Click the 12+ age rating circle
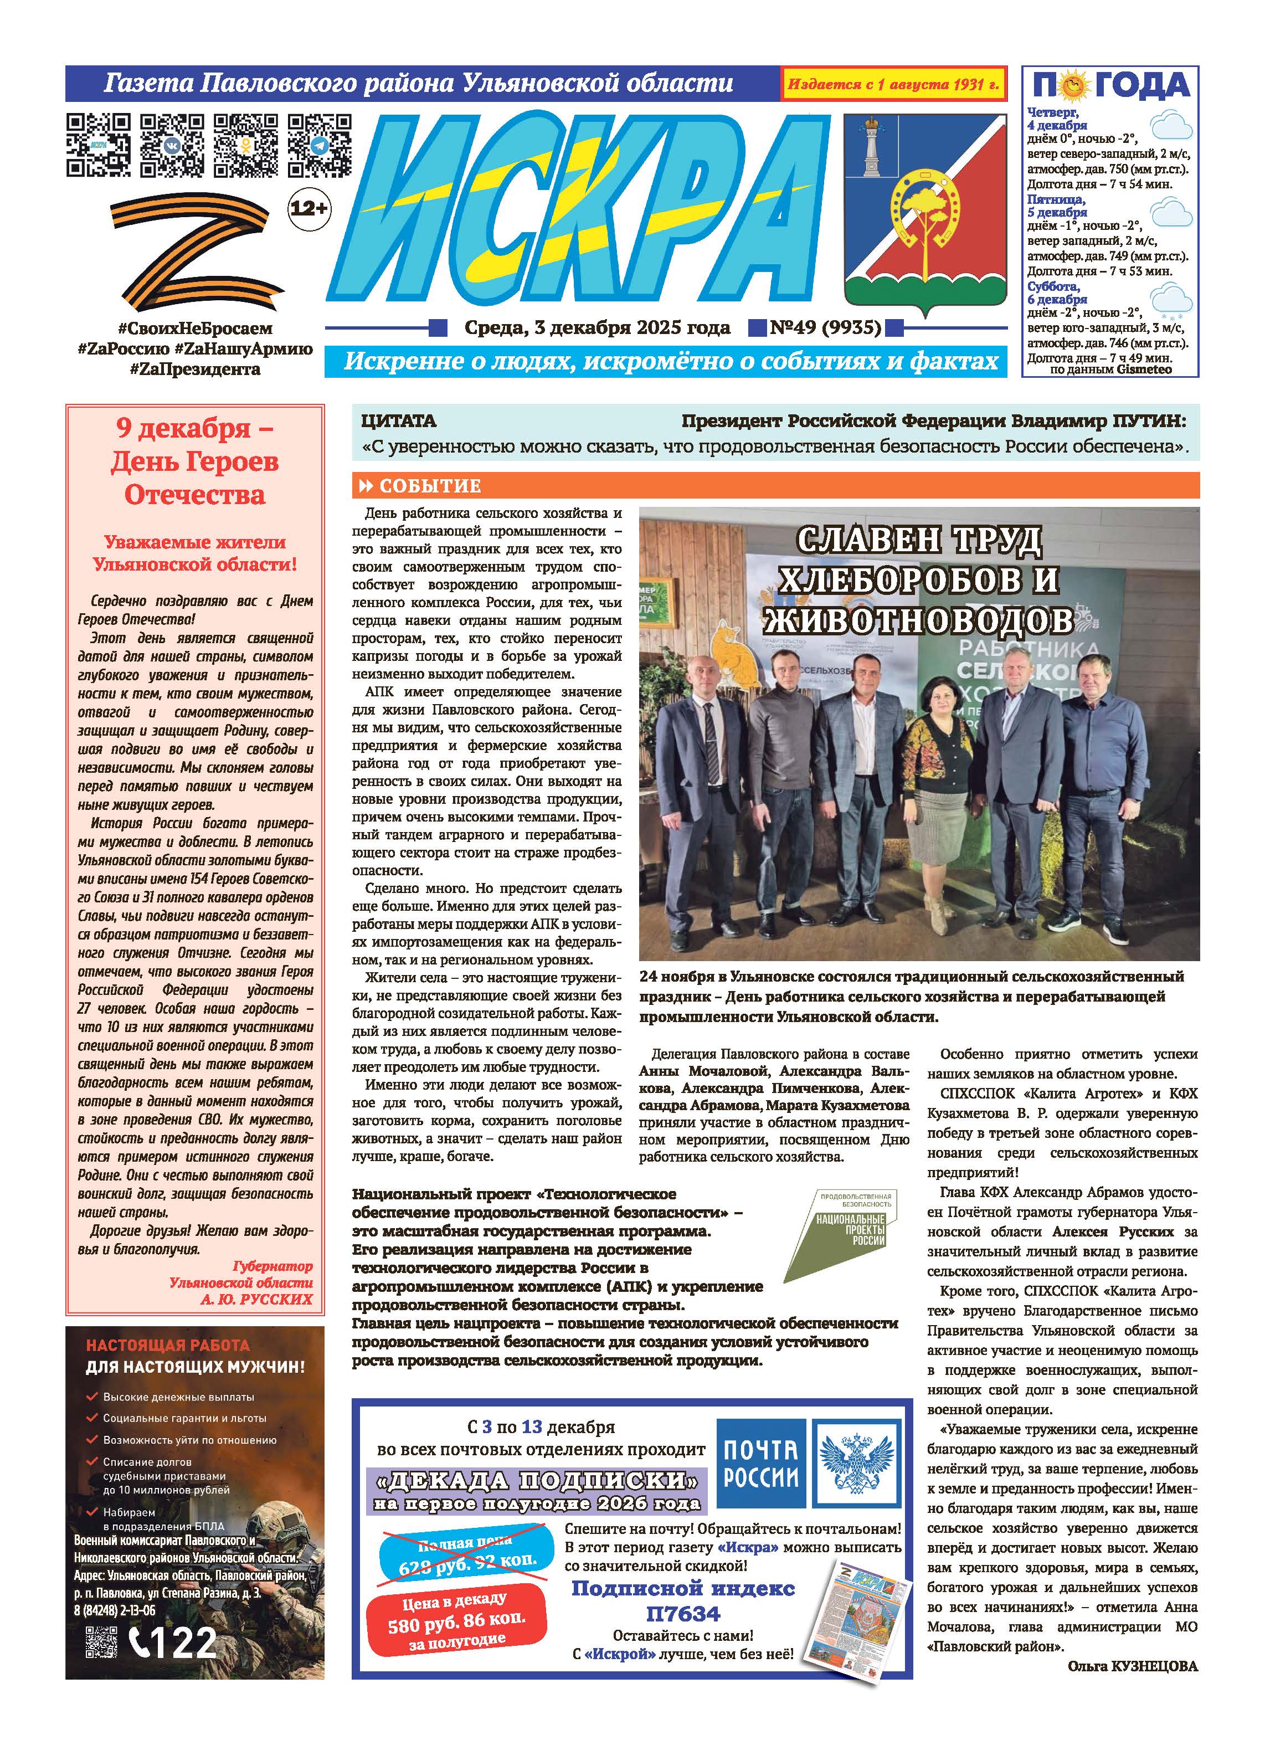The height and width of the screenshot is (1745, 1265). coord(308,208)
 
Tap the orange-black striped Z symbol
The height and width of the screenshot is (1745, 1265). coord(196,250)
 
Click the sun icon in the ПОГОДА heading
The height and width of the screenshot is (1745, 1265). coord(1073,86)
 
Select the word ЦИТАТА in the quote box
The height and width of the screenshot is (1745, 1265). coord(398,422)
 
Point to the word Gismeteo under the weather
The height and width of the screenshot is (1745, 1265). coord(1144,369)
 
